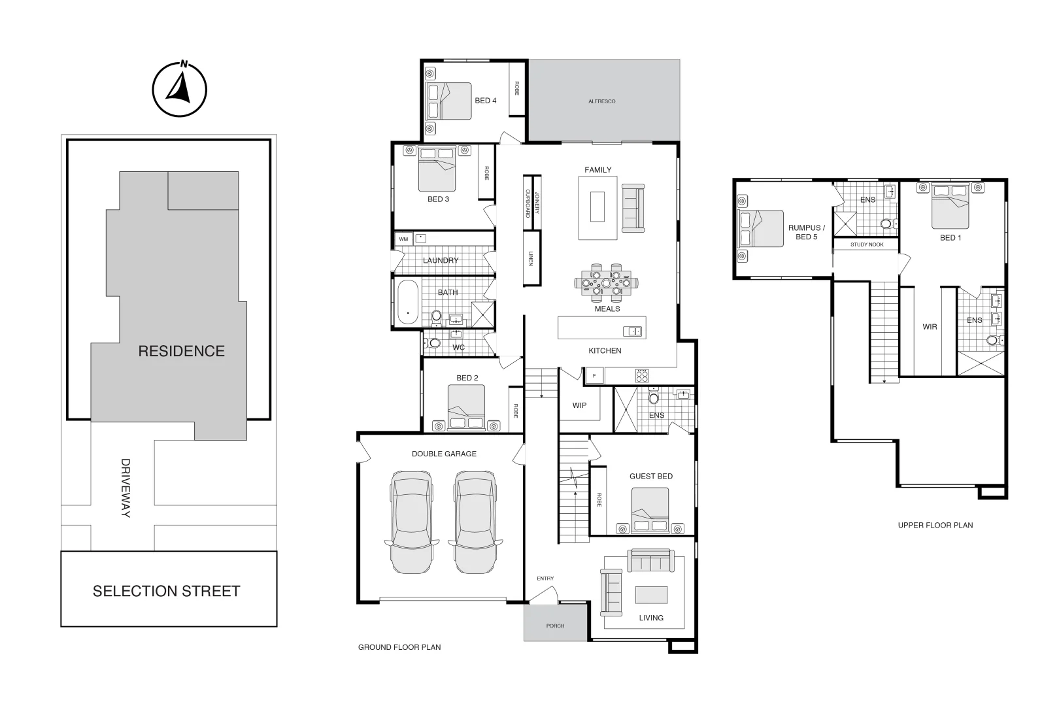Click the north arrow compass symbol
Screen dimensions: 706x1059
coord(179,90)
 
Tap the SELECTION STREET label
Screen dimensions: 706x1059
coord(167,591)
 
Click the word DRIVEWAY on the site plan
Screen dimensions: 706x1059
coord(126,488)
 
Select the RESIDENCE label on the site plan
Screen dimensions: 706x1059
coord(181,351)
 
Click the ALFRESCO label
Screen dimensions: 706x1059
coord(601,101)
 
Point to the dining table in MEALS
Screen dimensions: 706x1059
coord(606,283)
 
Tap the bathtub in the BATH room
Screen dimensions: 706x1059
coord(408,303)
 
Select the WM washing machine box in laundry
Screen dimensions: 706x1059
coord(403,239)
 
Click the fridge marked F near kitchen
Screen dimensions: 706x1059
coord(594,376)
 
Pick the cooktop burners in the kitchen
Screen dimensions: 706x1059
coord(642,375)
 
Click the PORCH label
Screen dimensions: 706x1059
coord(555,626)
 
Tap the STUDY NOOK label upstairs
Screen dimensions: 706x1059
coord(867,244)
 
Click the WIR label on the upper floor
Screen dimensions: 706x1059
coord(930,327)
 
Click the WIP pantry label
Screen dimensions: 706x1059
coord(579,405)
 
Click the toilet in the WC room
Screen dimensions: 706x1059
coord(434,343)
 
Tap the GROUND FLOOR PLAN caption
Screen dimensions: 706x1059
coord(399,647)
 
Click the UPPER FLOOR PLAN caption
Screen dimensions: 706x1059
coord(935,525)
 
